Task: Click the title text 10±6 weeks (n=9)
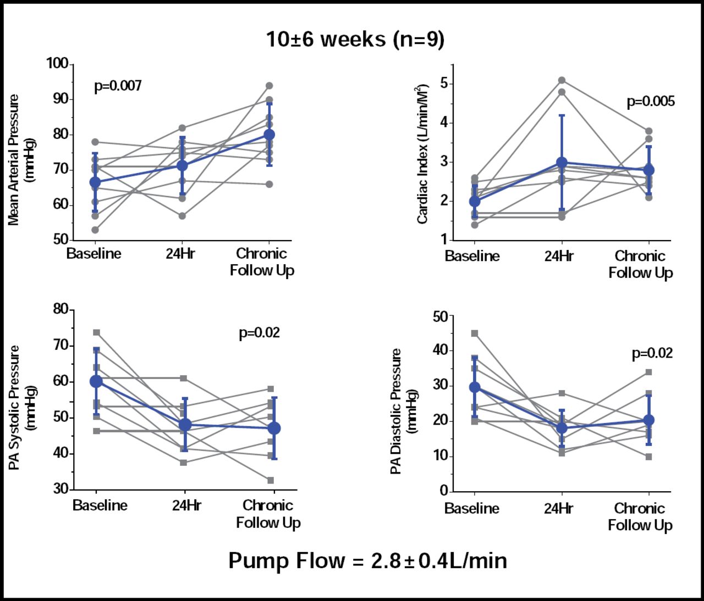[355, 39]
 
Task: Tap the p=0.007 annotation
[118, 86]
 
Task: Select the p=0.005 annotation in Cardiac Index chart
[651, 101]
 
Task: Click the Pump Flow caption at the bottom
[367, 560]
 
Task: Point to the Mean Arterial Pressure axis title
[21, 159]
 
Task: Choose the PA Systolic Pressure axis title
[21, 407]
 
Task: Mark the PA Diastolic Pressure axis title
[403, 411]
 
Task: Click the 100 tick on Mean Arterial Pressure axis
[57, 64]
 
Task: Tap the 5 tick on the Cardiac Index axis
[444, 84]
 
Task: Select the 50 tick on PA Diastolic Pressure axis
[441, 316]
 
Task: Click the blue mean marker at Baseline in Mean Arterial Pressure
[95, 182]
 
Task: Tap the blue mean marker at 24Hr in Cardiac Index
[562, 163]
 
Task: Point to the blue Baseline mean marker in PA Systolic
[96, 381]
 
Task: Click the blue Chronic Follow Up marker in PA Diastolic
[649, 420]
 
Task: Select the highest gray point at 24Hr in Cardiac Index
[562, 80]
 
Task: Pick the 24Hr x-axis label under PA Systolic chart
[186, 505]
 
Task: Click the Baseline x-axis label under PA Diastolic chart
[472, 509]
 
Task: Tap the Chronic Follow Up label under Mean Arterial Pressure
[262, 262]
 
